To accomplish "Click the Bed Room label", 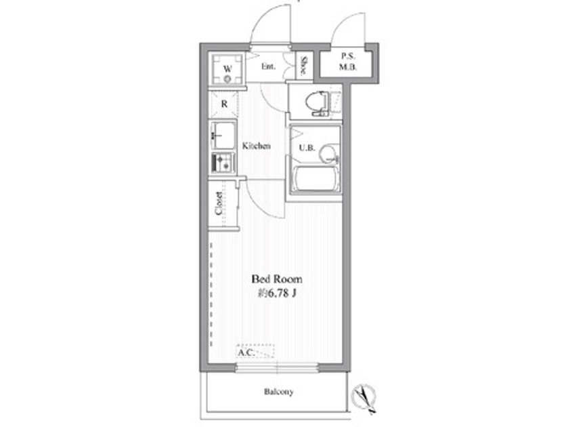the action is pyautogui.click(x=277, y=279).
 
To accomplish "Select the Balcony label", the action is pyautogui.click(x=278, y=392).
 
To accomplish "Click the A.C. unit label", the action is pyautogui.click(x=246, y=352).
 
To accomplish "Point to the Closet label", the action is pyautogui.click(x=219, y=203).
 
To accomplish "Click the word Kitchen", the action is pyautogui.click(x=257, y=146).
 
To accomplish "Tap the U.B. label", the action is pyautogui.click(x=307, y=148).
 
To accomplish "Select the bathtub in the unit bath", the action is pyautogui.click(x=315, y=179).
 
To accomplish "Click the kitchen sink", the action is pyautogui.click(x=223, y=136).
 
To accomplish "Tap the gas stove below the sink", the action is pyautogui.click(x=223, y=163).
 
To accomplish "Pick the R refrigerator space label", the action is pyautogui.click(x=225, y=104).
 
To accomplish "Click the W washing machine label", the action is pyautogui.click(x=227, y=68).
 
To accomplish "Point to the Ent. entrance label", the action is pyautogui.click(x=268, y=66).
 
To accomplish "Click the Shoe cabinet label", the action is pyautogui.click(x=304, y=66).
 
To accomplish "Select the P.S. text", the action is pyautogui.click(x=348, y=56).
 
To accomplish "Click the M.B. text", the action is pyautogui.click(x=348, y=67).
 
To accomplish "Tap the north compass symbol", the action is pyautogui.click(x=365, y=399).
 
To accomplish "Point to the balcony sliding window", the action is pyautogui.click(x=277, y=367).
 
